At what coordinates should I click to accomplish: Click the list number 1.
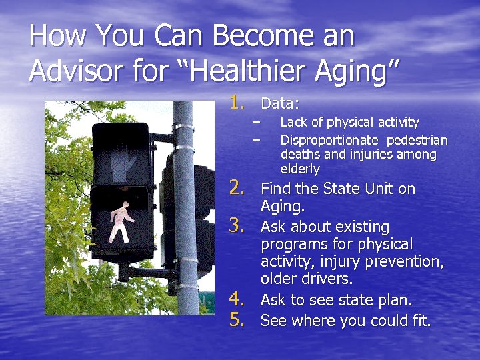click(x=238, y=103)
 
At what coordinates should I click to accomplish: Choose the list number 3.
click(x=239, y=227)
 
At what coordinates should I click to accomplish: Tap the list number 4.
click(x=239, y=299)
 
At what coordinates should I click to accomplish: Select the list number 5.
click(x=239, y=320)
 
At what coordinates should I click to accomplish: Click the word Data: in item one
click(x=280, y=104)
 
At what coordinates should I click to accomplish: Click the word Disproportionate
click(x=328, y=140)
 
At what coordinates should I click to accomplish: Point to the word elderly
click(x=300, y=169)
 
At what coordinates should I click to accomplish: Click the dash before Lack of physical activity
click(x=255, y=122)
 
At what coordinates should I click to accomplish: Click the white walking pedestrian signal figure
click(x=120, y=223)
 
